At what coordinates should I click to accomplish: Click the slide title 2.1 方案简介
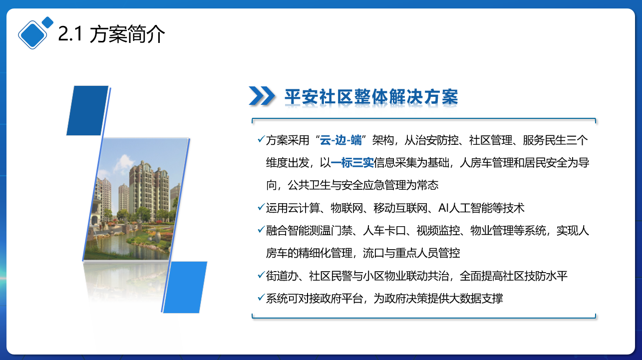tap(111, 34)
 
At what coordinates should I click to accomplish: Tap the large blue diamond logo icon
tap(32, 34)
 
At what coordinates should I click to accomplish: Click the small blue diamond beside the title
tap(47, 22)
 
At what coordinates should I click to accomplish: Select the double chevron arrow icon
tap(262, 96)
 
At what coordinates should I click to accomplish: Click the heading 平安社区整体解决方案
tap(371, 96)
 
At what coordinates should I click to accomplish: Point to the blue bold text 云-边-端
tap(340, 140)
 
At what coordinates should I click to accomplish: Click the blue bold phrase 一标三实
tap(352, 163)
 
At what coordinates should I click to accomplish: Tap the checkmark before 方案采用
tap(261, 139)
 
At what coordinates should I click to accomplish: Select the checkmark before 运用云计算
tap(261, 207)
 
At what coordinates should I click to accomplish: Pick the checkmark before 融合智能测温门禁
tap(261, 229)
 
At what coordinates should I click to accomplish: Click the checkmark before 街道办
tap(261, 275)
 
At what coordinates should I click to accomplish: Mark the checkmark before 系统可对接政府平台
tap(261, 297)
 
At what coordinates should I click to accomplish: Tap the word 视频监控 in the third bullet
tap(438, 231)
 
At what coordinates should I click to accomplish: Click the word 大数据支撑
tap(476, 299)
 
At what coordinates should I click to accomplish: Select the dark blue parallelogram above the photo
tap(87, 110)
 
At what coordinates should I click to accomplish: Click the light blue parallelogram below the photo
tap(185, 287)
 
